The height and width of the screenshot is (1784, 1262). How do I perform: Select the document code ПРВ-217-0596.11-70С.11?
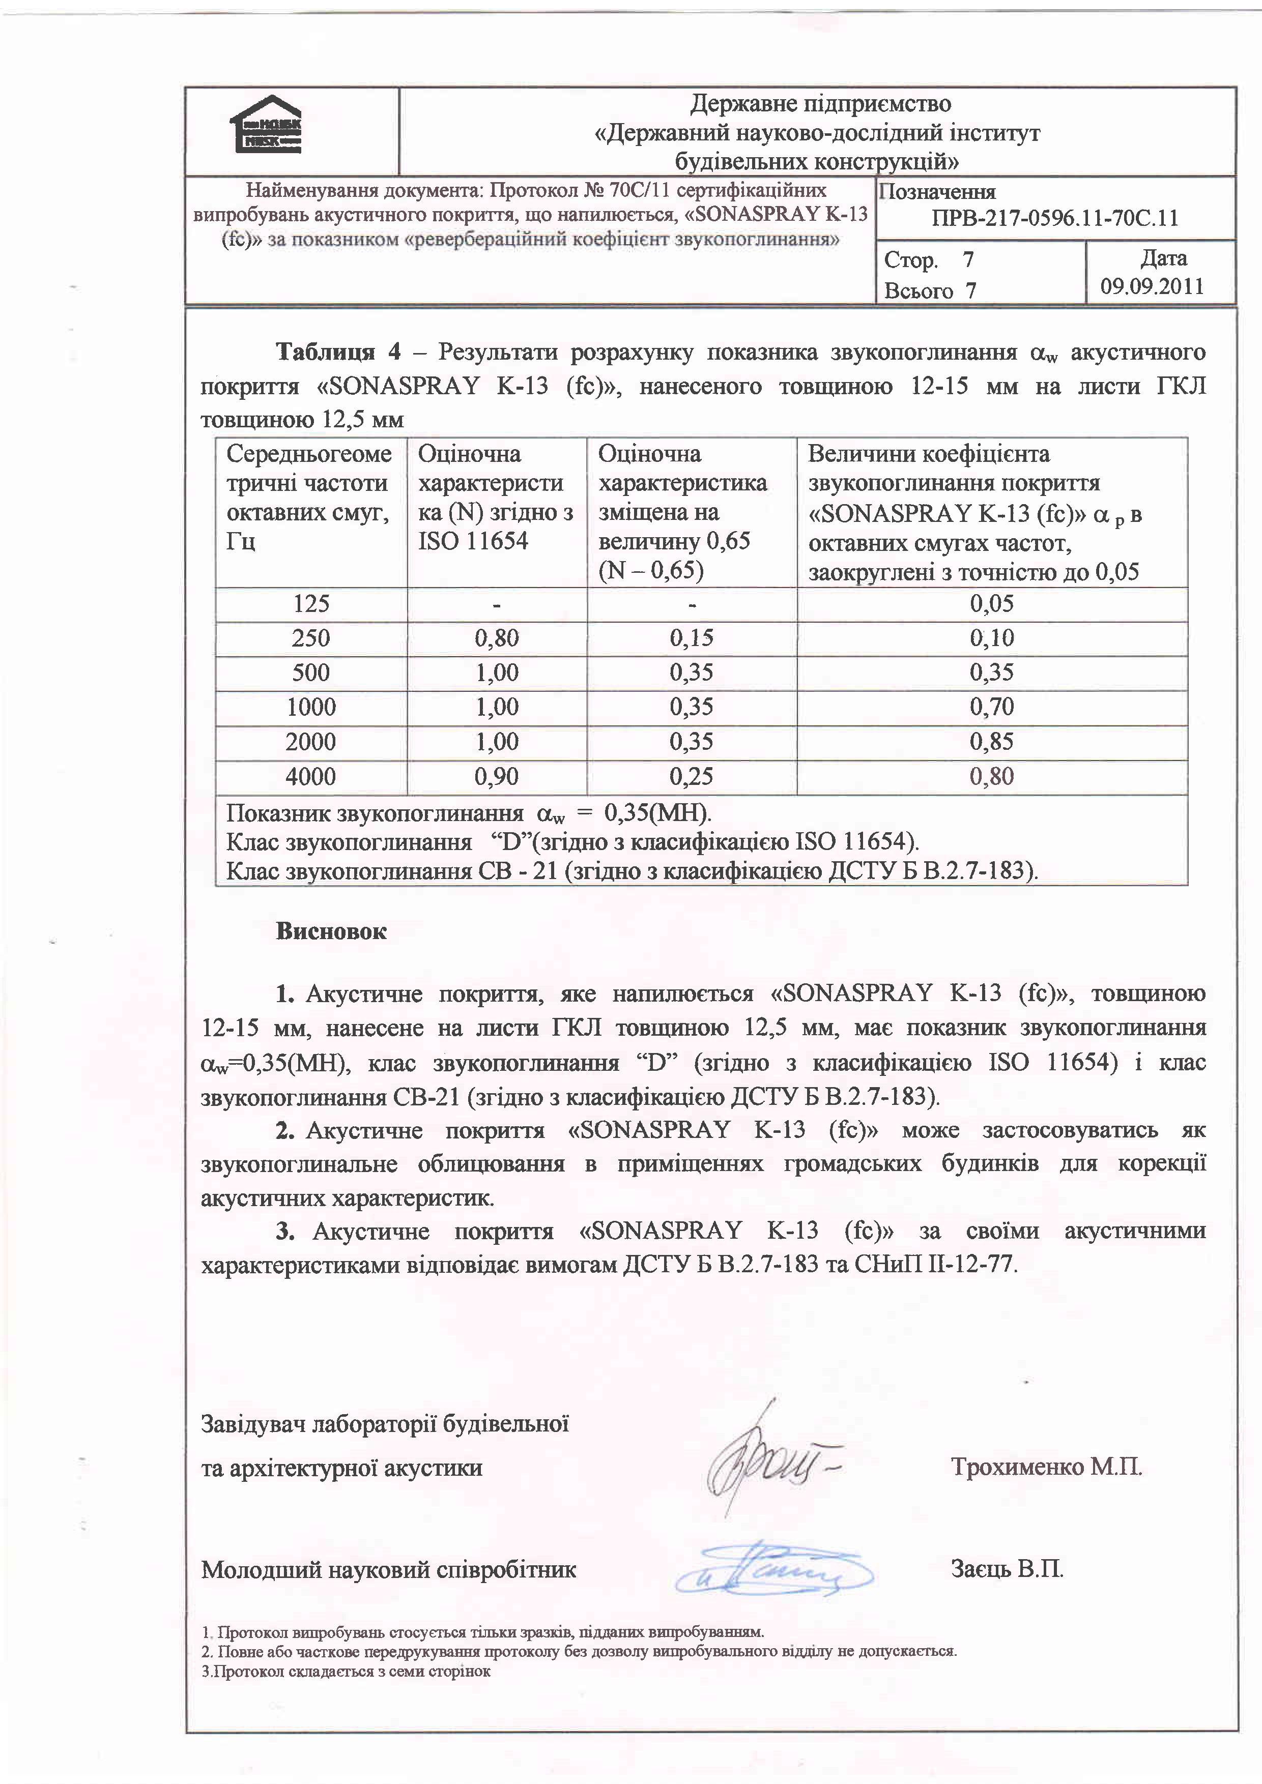pos(1054,218)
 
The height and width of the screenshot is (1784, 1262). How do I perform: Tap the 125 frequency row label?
pos(311,604)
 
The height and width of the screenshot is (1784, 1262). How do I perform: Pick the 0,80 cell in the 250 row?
pos(497,639)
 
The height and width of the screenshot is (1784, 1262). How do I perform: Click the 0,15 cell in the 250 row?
pos(692,639)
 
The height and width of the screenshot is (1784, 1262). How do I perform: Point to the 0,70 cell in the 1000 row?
pos(992,707)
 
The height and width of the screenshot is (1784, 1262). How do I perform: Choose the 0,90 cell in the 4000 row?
pos(497,776)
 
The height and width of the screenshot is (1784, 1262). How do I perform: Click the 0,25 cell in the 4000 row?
pos(692,776)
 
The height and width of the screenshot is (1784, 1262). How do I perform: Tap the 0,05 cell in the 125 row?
pos(992,604)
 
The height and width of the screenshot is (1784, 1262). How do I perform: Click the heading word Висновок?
pos(331,931)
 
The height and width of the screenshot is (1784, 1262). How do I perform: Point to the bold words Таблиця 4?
pos(339,353)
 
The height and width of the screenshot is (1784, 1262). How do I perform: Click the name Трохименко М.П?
pos(1046,1468)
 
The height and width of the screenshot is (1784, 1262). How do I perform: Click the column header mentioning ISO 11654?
pos(496,498)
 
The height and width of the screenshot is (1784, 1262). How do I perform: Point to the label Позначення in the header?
pos(938,192)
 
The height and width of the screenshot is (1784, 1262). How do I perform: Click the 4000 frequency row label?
pos(311,776)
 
